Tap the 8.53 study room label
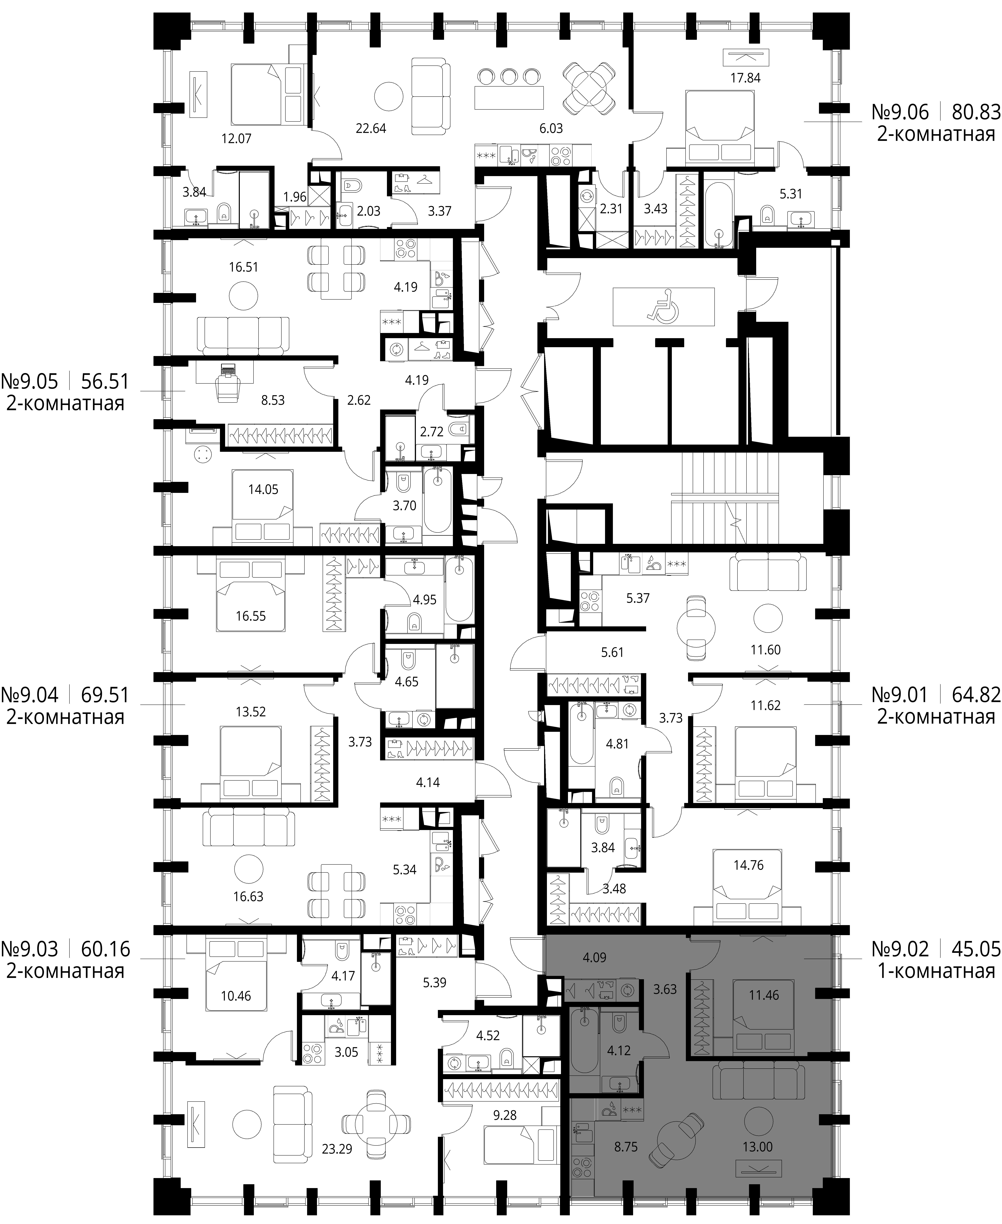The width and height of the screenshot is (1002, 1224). click(x=273, y=400)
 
